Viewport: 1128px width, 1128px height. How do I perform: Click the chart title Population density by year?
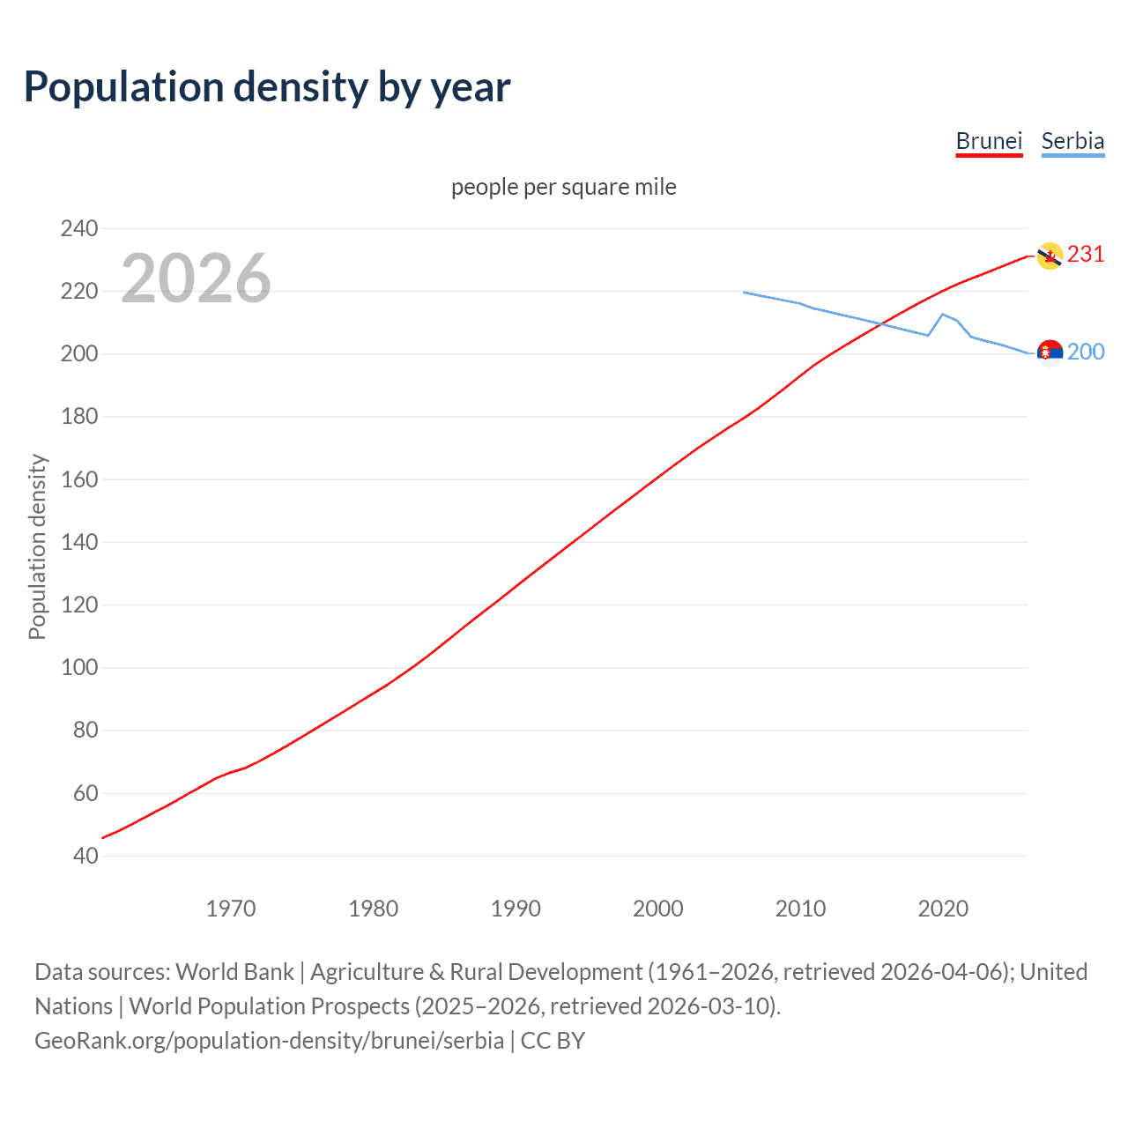point(267,87)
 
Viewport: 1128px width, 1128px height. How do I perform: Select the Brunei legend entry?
point(989,141)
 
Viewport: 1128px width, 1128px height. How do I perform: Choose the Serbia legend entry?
point(1072,141)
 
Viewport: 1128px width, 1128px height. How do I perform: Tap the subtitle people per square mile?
point(563,187)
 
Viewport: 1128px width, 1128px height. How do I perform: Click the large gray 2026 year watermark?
point(196,278)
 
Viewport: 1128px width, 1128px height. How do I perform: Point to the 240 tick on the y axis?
point(79,228)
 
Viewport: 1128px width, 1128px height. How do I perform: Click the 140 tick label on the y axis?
point(79,542)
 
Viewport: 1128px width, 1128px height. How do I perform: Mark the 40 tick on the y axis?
point(85,856)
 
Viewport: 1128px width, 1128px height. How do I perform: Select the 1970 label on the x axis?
point(231,909)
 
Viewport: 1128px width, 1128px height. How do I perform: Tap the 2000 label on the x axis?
point(658,909)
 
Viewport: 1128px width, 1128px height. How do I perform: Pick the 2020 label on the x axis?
point(943,909)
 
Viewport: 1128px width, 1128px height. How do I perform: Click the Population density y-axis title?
point(37,546)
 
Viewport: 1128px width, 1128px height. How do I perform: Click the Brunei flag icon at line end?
point(1050,256)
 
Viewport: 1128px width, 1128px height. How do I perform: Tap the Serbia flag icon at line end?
point(1050,352)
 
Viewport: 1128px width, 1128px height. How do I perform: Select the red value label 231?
point(1086,255)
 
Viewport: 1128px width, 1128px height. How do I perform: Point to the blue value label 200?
point(1086,352)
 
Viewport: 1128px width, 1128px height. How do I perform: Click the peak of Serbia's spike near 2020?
point(943,314)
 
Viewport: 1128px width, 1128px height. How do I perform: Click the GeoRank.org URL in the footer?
point(269,1040)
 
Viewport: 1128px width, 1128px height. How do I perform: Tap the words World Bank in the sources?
point(234,972)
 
